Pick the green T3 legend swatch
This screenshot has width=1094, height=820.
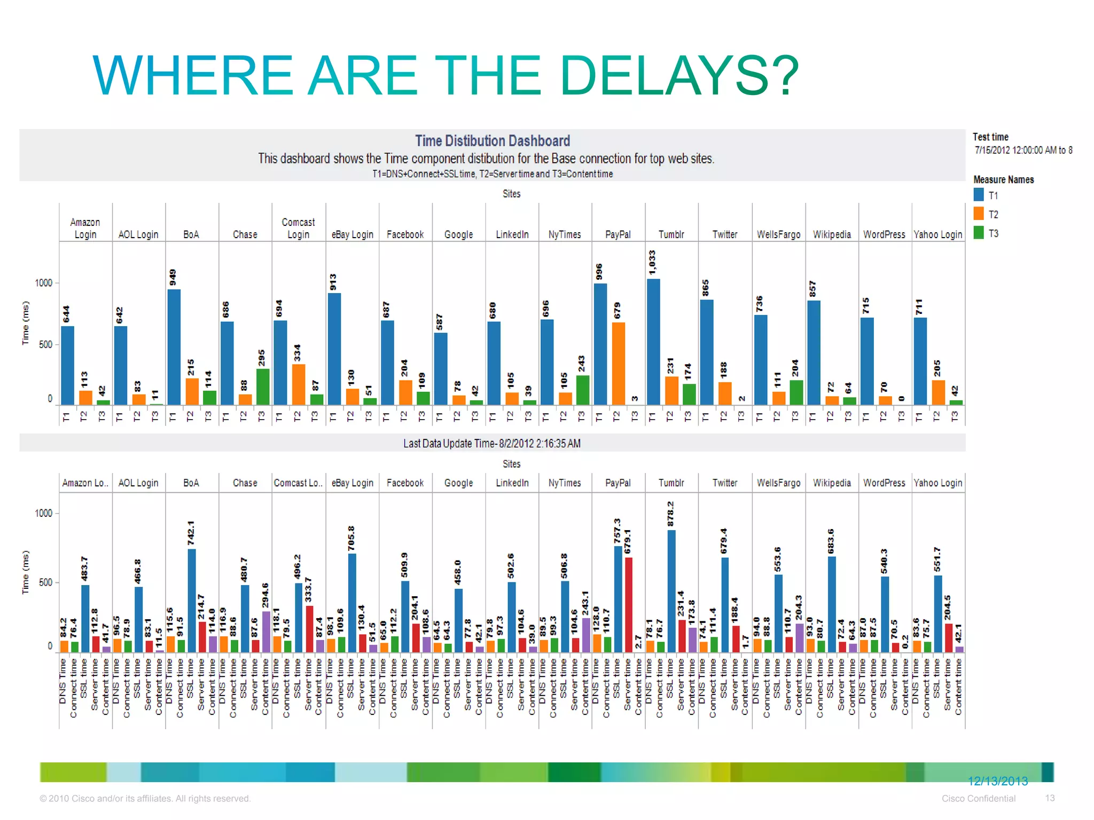click(979, 233)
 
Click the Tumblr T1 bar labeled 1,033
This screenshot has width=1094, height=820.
click(653, 342)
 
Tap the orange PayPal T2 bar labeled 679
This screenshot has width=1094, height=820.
click(618, 363)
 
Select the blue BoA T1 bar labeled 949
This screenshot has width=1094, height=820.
click(174, 347)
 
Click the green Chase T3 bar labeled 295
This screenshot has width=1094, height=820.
click(262, 387)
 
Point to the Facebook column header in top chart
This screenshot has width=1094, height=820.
click(405, 234)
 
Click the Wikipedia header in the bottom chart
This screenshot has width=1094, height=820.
click(831, 483)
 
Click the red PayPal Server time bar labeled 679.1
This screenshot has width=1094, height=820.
click(629, 604)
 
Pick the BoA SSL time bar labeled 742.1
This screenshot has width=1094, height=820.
click(192, 600)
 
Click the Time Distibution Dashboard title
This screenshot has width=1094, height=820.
click(492, 141)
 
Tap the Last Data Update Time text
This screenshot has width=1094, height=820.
click(491, 444)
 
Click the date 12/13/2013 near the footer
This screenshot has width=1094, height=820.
click(997, 781)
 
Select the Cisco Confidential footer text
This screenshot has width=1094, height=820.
click(978, 798)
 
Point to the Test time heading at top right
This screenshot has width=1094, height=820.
click(990, 137)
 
